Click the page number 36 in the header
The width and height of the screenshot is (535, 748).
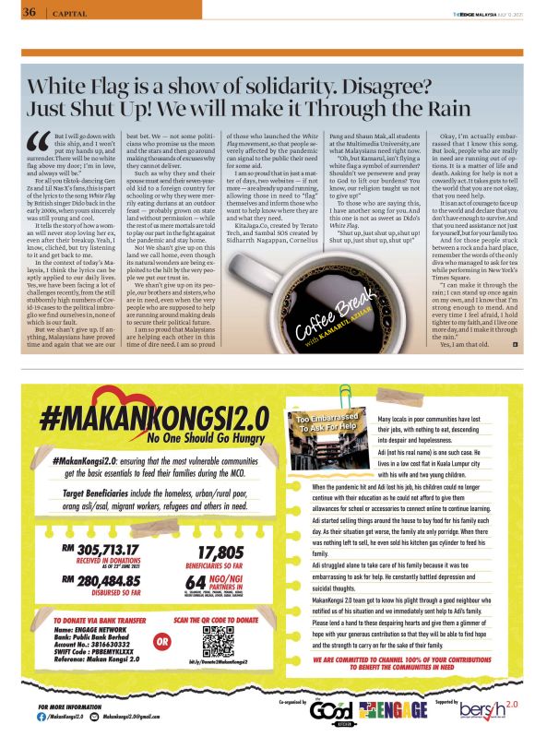29,12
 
